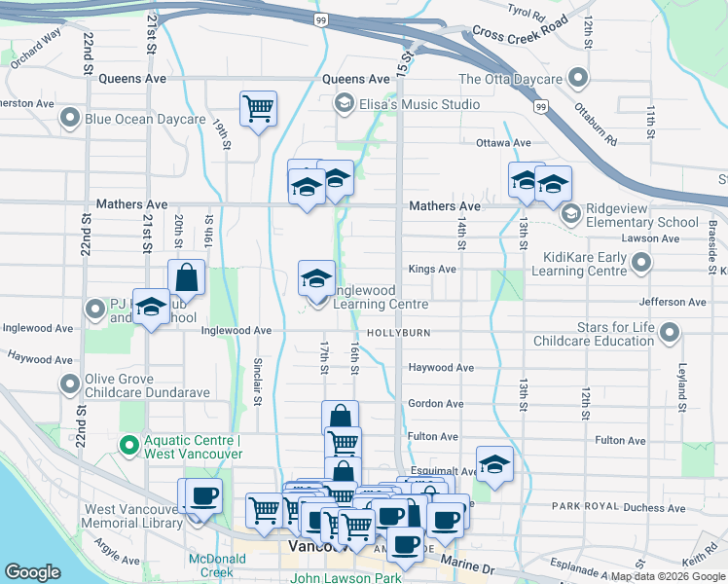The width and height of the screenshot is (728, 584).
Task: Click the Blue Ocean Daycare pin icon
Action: [70, 119]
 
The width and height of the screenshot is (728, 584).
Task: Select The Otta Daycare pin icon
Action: [579, 78]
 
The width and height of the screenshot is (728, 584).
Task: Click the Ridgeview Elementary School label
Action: [643, 215]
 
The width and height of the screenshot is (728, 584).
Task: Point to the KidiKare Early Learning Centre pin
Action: [641, 262]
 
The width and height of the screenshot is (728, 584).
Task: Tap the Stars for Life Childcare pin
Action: [670, 334]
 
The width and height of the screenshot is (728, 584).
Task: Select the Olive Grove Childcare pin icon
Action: [70, 384]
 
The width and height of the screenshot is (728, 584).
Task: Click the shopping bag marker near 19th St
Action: [186, 276]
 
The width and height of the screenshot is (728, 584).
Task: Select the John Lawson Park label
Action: [346, 578]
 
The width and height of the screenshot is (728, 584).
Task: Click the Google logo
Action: [32, 572]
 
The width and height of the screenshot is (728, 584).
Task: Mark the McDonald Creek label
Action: [217, 566]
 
